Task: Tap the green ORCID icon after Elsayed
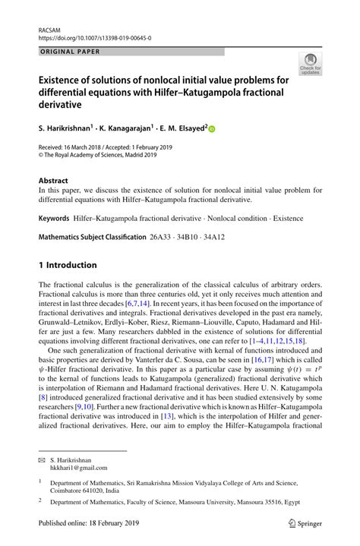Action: [213, 129]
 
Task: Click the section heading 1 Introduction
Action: [68, 265]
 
